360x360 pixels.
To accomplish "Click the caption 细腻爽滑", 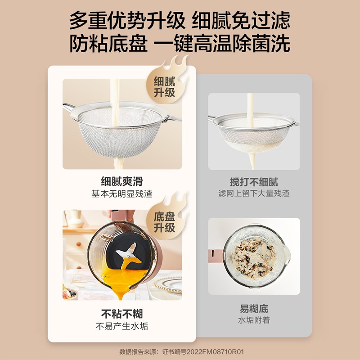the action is click(122, 181).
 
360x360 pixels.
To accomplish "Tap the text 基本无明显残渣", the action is click(122, 194).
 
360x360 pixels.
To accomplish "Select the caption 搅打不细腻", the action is click(254, 182).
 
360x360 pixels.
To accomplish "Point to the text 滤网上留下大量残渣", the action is click(254, 193).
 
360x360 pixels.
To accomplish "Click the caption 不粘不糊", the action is click(122, 314).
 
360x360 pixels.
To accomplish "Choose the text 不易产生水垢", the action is click(122, 326).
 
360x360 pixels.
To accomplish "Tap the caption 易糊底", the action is click(254, 309).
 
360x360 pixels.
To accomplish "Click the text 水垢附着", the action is click(254, 320).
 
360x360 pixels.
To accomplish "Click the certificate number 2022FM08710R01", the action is click(215, 352).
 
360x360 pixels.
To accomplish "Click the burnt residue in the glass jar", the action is click(254, 258).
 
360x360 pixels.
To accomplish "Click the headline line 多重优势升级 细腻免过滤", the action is click(180, 21).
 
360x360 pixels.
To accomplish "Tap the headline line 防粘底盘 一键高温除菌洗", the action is click(180, 43).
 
